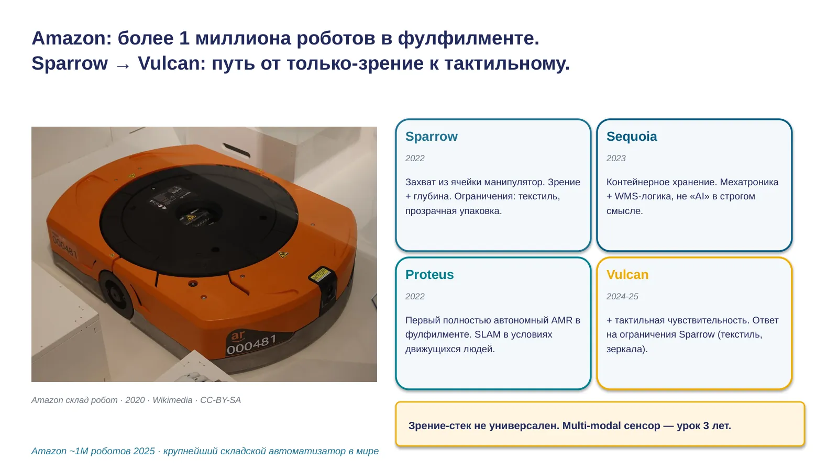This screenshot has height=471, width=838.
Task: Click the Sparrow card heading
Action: click(x=432, y=137)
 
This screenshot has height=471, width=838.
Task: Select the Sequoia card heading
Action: click(x=632, y=137)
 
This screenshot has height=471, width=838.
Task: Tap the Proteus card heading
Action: click(x=429, y=275)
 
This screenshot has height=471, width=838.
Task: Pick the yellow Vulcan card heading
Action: click(x=627, y=275)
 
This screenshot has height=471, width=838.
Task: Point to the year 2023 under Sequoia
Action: click(x=616, y=159)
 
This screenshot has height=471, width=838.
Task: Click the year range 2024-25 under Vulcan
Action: click(x=622, y=296)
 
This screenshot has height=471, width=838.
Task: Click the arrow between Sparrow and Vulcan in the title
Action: click(x=123, y=65)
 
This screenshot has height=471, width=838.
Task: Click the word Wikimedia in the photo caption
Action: click(x=172, y=400)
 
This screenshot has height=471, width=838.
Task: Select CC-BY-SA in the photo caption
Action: click(x=220, y=400)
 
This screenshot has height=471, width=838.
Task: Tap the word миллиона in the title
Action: click(x=243, y=39)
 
